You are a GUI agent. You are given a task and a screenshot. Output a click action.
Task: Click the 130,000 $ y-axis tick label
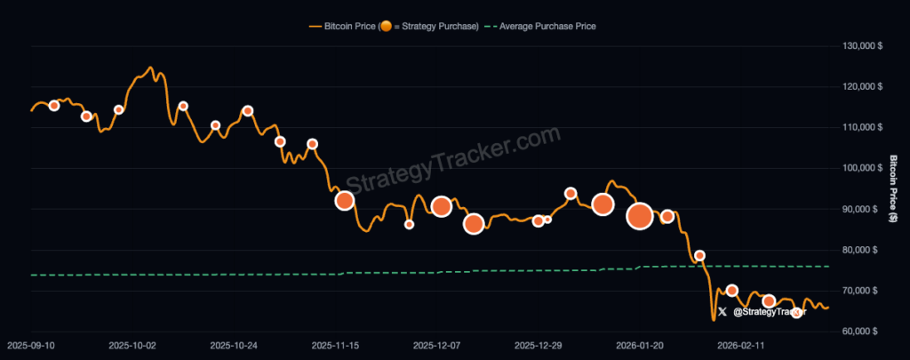860,45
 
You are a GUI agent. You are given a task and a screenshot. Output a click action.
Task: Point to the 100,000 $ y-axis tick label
860,168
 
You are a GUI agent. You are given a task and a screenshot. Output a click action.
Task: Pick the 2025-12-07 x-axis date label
440,344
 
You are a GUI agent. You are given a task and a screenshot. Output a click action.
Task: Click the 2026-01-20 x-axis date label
641,344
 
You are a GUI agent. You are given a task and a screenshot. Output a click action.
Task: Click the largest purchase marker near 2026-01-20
640,215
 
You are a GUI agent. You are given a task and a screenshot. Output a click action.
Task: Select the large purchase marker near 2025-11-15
345,200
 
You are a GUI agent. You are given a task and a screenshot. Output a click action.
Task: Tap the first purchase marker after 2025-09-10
54,106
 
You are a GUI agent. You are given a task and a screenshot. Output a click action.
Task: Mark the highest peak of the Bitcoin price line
149,68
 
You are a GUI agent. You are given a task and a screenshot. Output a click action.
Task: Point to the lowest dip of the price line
713,319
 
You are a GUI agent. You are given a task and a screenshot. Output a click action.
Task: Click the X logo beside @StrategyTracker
722,311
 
